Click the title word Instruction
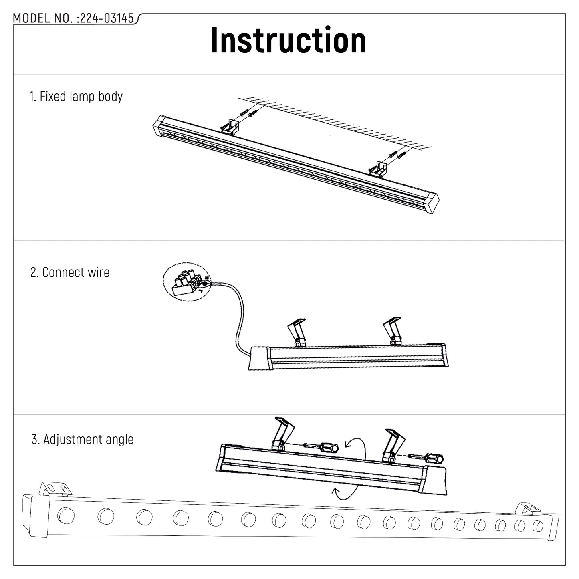click(288, 40)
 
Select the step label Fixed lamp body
click(76, 97)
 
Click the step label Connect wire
click(70, 272)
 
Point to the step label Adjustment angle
click(83, 439)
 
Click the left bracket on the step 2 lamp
click(297, 331)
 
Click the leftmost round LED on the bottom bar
click(65, 515)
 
